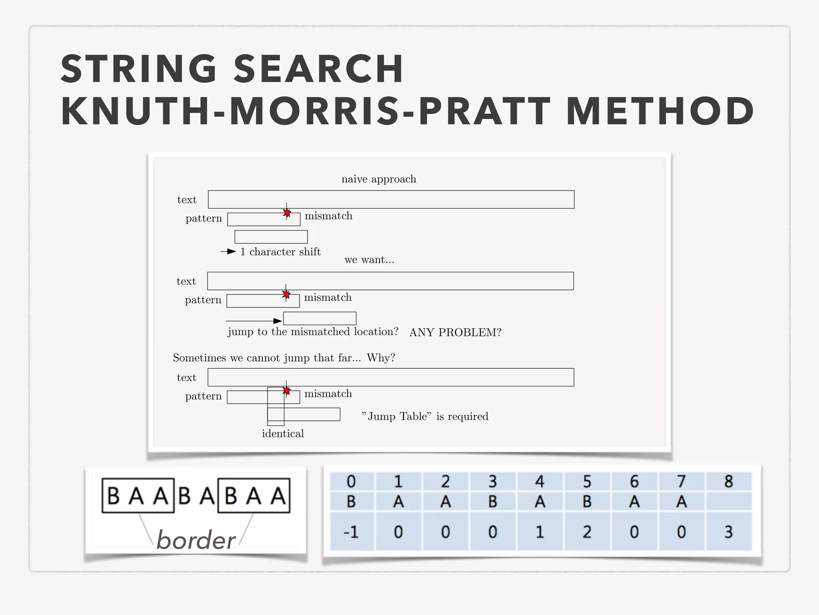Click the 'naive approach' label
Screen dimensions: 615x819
point(379,179)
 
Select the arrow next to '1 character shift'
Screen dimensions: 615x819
point(228,251)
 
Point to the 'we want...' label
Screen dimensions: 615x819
point(369,260)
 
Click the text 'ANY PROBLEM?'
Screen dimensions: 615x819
point(455,332)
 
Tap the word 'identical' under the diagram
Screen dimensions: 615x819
point(283,434)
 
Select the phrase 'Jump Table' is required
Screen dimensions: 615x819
point(425,416)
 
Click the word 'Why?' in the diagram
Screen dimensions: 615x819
point(381,358)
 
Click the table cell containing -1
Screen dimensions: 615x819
point(351,532)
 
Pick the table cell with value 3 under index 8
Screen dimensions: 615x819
point(729,532)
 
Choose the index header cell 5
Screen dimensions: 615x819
point(587,482)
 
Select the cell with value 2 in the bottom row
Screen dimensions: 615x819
point(587,532)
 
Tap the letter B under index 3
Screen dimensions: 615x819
point(493,502)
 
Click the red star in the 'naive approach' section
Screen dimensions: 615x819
point(287,213)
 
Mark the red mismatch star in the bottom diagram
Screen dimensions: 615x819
point(286,390)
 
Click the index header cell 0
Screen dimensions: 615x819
point(351,482)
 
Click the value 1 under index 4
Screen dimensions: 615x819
point(540,532)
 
